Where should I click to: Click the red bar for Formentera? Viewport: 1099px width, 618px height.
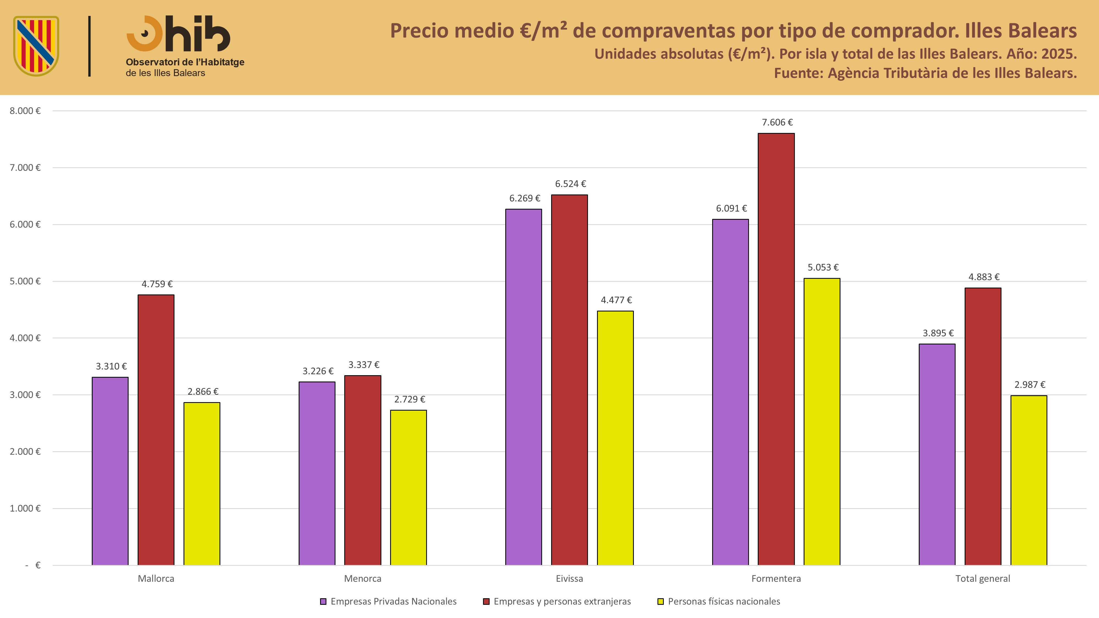[776, 349]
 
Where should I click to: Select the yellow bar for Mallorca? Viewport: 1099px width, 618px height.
[202, 484]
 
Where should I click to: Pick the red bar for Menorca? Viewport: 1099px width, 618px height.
[363, 471]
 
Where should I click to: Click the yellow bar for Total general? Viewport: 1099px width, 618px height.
[1029, 480]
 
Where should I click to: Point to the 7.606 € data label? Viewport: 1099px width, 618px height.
[777, 123]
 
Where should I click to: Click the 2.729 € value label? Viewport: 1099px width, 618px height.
[410, 399]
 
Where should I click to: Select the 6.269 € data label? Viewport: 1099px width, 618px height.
[525, 198]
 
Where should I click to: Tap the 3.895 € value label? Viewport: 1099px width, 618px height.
[938, 333]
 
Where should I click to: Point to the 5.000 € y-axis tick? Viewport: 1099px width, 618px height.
[25, 281]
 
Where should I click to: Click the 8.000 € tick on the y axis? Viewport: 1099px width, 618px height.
[25, 111]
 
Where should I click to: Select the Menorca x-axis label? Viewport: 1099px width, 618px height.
[363, 579]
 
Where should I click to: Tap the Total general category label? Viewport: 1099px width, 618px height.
[983, 579]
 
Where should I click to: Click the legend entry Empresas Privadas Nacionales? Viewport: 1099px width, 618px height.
[388, 601]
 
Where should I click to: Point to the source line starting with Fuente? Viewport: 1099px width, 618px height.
[925, 73]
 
